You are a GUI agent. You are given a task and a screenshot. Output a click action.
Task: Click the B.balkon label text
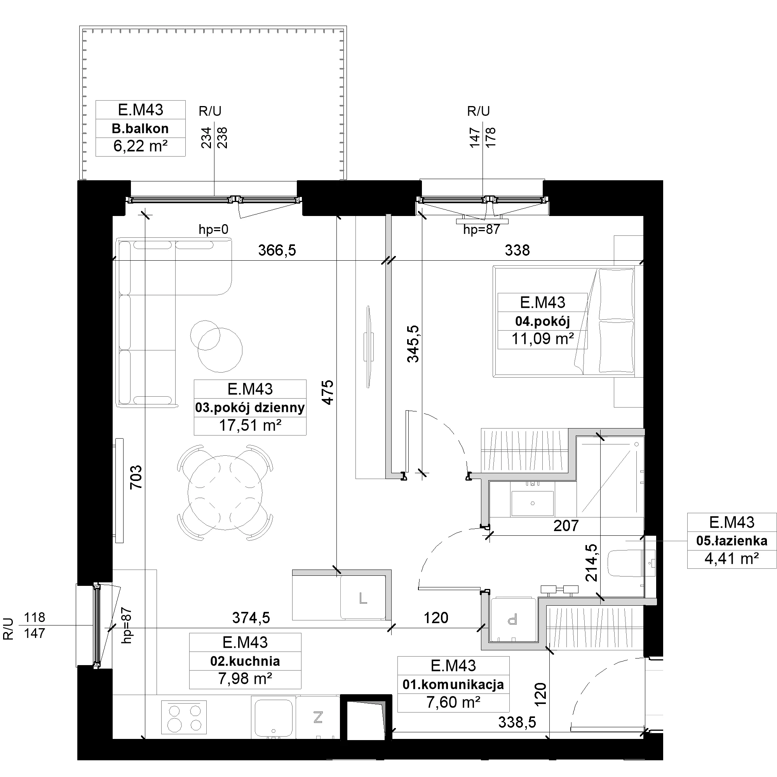(140, 129)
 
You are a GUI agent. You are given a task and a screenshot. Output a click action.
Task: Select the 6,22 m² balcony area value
(140, 146)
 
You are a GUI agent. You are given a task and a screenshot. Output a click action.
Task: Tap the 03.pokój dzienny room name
(250, 408)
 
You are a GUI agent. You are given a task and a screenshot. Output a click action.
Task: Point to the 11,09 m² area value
(542, 339)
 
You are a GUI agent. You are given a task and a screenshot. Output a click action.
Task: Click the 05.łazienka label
(732, 541)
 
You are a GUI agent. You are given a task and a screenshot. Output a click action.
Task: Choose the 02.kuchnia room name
(245, 661)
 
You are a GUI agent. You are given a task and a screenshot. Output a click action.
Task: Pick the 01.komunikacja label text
(453, 685)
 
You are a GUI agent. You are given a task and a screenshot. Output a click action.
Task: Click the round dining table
(225, 492)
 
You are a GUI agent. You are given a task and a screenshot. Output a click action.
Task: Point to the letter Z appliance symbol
(318, 717)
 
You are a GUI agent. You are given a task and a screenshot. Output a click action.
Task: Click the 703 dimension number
(136, 477)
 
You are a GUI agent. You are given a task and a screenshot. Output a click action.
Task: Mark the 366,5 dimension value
(277, 250)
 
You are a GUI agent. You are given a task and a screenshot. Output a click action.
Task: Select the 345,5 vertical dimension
(413, 344)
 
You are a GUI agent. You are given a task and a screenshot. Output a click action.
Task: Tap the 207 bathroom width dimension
(566, 526)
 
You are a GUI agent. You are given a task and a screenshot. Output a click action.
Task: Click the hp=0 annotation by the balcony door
(214, 229)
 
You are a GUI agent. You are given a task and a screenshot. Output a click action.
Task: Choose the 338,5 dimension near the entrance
(517, 722)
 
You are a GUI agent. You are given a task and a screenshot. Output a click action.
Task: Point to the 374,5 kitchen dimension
(251, 617)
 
